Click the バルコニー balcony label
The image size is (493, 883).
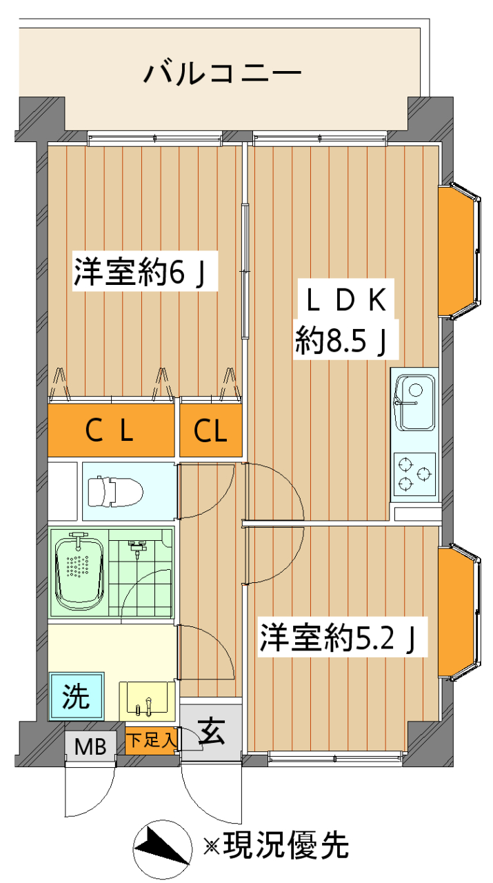click(x=222, y=72)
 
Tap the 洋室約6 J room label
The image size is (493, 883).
click(x=140, y=272)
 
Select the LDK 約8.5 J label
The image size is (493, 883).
click(x=344, y=319)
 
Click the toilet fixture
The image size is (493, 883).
click(x=115, y=491)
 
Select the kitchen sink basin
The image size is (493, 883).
click(x=415, y=402)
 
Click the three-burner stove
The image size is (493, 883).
click(x=414, y=474)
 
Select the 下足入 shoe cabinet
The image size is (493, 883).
click(x=151, y=740)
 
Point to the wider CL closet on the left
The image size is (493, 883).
click(x=111, y=430)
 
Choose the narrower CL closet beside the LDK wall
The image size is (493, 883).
click(x=211, y=430)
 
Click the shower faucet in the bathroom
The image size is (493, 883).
click(x=137, y=548)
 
